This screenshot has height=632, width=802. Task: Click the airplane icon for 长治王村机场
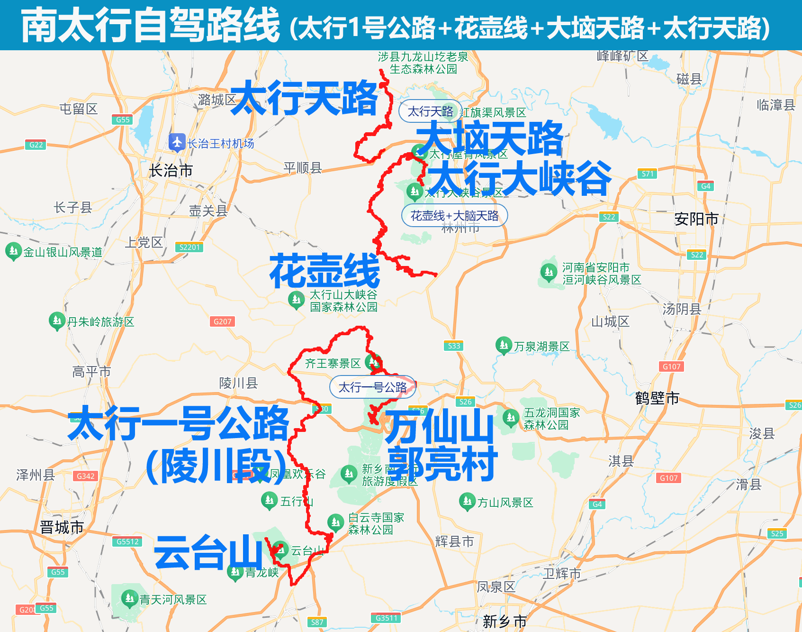coord(177,142)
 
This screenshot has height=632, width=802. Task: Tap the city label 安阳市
coord(696,219)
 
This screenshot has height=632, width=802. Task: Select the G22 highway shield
coord(36,145)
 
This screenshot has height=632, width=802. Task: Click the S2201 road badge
coord(189,247)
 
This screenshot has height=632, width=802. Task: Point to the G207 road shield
coord(222,321)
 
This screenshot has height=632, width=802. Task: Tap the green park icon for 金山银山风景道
coord(13,251)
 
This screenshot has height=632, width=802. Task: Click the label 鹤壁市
coord(657,398)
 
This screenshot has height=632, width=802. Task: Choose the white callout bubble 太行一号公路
coord(372,387)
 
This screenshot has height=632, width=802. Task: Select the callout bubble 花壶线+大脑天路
coord(454,216)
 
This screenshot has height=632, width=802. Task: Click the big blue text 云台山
coord(208,552)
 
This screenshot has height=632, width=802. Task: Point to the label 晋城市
coord(62,527)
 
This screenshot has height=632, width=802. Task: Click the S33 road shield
coord(454,346)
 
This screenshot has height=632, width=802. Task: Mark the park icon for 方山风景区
coord(467,501)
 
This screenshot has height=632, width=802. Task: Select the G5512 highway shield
coord(128,541)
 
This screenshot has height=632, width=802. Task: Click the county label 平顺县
coord(302,167)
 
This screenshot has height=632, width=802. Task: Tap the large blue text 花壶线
coord(324,271)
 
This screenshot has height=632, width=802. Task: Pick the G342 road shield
coord(86,476)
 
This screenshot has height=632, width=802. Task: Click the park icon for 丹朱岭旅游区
coord(57,321)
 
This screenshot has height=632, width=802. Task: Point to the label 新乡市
coord(505,621)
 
